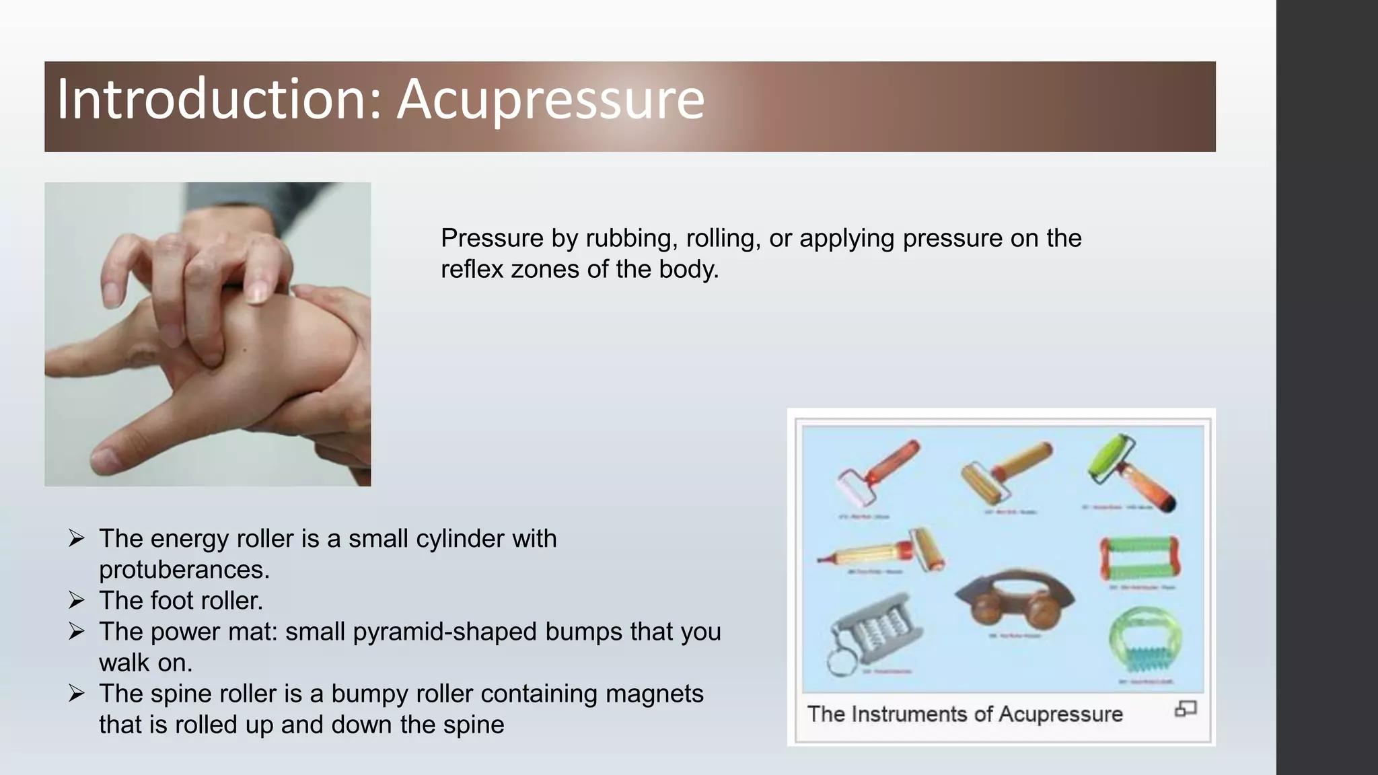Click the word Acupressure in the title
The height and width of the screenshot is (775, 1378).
click(x=550, y=100)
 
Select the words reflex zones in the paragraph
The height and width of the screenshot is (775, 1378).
click(x=510, y=269)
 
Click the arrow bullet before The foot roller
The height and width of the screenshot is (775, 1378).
click(x=76, y=600)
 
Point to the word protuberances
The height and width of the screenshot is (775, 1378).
click(x=184, y=570)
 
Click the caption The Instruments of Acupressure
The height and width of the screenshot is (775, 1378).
click(x=964, y=714)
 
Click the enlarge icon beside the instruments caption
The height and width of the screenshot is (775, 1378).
click(x=1186, y=708)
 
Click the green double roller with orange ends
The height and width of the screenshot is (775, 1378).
click(x=1139, y=558)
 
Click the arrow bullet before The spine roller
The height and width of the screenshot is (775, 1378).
click(x=76, y=693)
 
